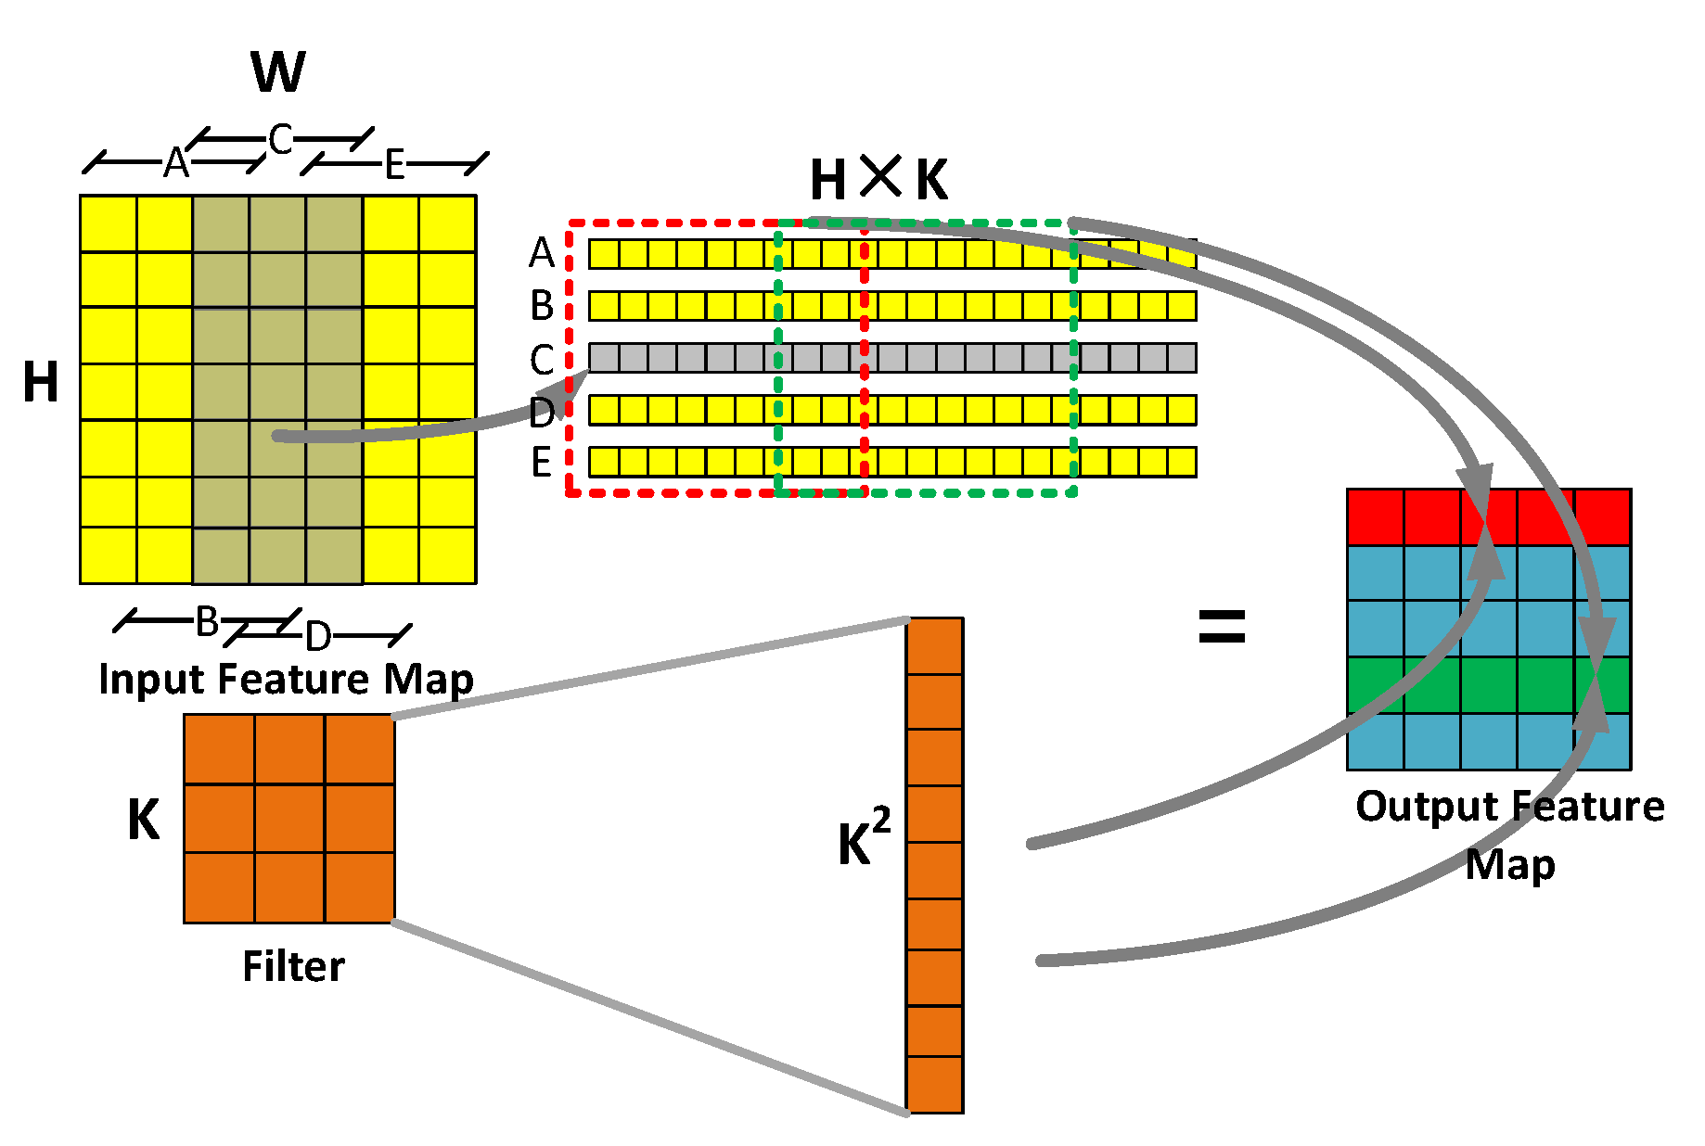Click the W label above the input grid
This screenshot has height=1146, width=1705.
point(277,72)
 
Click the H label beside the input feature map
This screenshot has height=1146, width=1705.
point(41,382)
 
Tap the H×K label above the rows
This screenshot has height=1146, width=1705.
point(878,179)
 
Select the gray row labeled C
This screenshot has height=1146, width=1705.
point(891,358)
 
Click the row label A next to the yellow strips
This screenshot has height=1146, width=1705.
point(542,253)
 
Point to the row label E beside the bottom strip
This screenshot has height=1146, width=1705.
point(542,462)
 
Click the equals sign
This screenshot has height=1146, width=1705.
point(1222,627)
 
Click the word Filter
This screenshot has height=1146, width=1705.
point(293,967)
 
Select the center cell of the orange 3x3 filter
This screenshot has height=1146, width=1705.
point(289,819)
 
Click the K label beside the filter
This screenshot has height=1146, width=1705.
point(144,820)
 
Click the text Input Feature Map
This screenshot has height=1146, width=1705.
point(286,679)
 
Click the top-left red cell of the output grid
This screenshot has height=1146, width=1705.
point(1376,517)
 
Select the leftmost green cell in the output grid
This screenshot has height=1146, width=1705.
point(1376,685)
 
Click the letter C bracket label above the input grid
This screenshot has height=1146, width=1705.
point(280,140)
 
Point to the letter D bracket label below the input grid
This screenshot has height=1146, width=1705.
point(318,636)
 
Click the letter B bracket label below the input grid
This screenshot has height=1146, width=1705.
point(207,621)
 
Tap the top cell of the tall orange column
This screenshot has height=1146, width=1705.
point(935,646)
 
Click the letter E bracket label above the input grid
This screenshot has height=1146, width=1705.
point(395,165)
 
